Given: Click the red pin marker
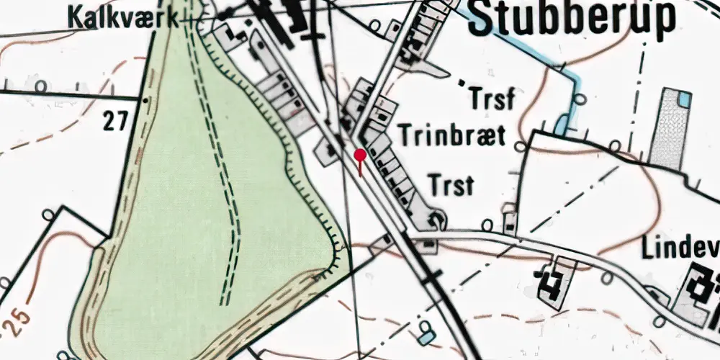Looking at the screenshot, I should (x=360, y=155).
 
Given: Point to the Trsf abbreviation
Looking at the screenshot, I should (x=492, y=99).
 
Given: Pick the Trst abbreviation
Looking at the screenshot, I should (x=451, y=185).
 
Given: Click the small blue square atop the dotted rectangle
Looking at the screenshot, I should (x=685, y=99).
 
